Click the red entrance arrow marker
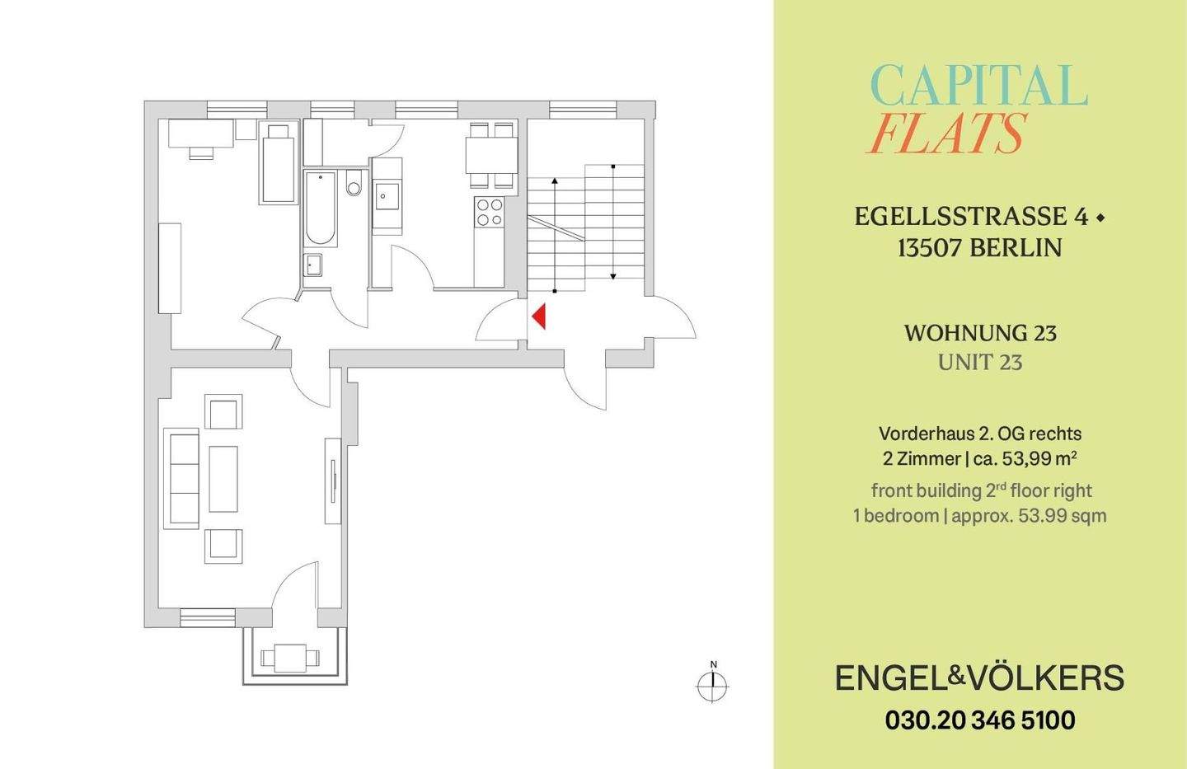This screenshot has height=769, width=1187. (x=539, y=317)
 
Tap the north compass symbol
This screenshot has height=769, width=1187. (x=713, y=684)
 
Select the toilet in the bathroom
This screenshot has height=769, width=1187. (x=354, y=184)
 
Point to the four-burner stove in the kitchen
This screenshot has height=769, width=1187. (x=490, y=213)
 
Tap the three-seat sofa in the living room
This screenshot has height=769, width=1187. (x=182, y=478)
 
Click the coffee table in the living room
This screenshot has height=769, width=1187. (x=223, y=479)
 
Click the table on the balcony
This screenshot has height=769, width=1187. (x=290, y=658)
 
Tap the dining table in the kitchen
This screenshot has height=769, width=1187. (x=491, y=155)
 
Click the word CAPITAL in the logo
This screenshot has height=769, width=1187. (x=979, y=86)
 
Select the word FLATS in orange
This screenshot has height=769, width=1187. (x=947, y=134)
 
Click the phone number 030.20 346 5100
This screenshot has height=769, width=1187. (x=980, y=720)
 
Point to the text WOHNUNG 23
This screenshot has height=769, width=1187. (x=980, y=333)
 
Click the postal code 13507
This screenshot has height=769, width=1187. (x=930, y=247)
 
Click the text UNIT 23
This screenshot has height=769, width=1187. (x=980, y=362)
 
